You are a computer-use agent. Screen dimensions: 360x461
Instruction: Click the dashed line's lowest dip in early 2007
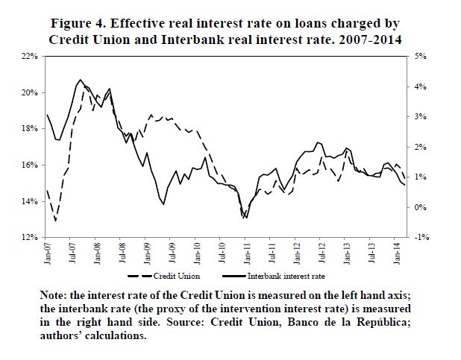(x=56, y=220)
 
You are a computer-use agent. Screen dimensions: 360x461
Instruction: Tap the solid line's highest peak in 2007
(x=80, y=79)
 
